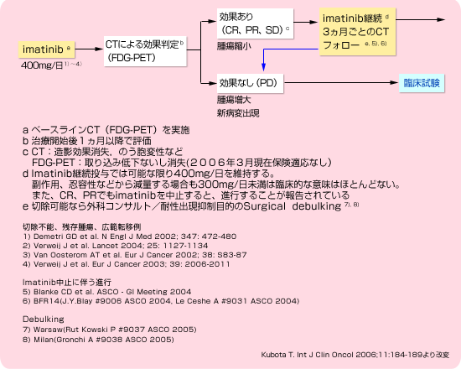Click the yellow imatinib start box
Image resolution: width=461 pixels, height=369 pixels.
point(46,49)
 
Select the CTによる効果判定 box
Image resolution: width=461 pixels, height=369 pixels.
point(145,51)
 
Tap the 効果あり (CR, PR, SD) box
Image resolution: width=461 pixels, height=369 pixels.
point(255,23)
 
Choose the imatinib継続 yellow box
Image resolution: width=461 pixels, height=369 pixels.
point(358,32)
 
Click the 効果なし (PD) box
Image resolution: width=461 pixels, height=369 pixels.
point(251,84)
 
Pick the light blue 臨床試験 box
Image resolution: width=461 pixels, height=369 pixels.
point(422,83)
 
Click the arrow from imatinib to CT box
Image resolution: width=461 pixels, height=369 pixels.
point(89,49)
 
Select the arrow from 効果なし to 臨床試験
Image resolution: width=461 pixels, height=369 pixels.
point(341,83)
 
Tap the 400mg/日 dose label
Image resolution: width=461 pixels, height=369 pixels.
point(51,65)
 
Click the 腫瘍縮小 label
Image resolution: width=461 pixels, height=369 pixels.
point(234,46)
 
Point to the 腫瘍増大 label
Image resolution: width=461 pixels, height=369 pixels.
point(234,100)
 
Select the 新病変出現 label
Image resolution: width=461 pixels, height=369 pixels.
point(238,113)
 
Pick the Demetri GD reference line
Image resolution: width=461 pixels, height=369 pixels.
point(129,236)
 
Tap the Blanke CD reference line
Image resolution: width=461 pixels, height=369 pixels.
point(106,292)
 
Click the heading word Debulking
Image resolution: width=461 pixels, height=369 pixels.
point(44,320)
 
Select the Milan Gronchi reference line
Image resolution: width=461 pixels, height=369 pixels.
point(98,340)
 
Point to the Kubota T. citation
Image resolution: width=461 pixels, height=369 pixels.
point(355,355)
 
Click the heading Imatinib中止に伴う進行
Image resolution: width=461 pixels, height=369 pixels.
point(67,283)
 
